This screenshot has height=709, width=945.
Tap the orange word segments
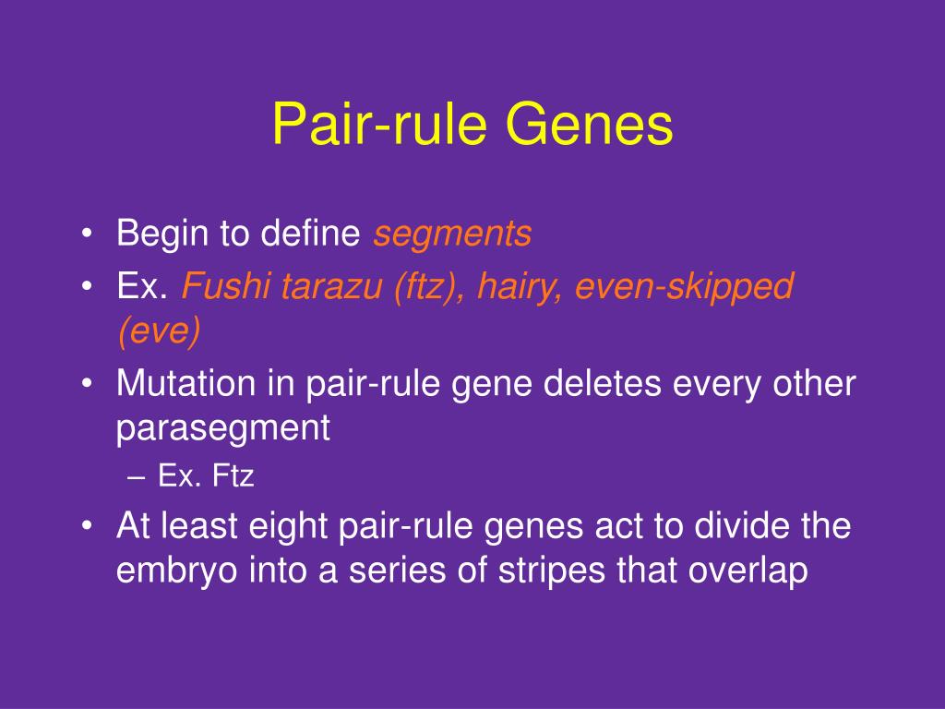click(452, 234)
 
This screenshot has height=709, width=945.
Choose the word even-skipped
click(684, 287)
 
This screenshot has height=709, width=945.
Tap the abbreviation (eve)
click(159, 330)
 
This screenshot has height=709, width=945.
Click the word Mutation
click(186, 383)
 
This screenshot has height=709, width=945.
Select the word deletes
click(602, 383)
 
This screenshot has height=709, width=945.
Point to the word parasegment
click(223, 429)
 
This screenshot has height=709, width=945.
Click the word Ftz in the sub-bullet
click(233, 475)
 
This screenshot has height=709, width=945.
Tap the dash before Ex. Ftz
click(137, 477)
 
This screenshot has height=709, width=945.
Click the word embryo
click(177, 571)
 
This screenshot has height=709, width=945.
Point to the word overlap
click(748, 571)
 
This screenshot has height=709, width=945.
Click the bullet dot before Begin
click(87, 234)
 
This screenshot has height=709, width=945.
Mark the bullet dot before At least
click(87, 525)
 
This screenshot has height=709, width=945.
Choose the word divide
click(742, 525)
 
